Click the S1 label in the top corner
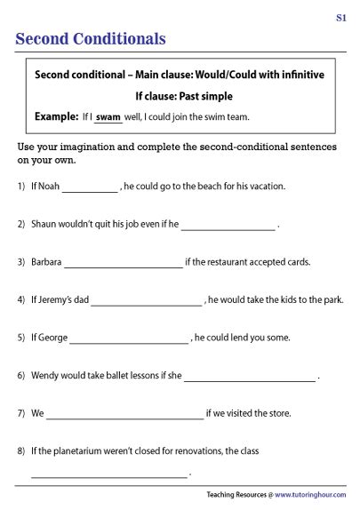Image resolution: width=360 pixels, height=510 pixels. pos(341,18)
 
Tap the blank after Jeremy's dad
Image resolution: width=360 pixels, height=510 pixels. pos(146,301)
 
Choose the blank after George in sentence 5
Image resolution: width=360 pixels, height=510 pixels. pos(129,339)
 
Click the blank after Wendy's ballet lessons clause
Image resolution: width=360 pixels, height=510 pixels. pos(250,377)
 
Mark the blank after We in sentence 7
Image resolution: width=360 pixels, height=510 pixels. pos(124,415)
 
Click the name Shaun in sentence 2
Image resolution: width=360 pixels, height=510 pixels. pos(44,225)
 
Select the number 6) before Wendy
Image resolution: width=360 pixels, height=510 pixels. pos(21,376)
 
